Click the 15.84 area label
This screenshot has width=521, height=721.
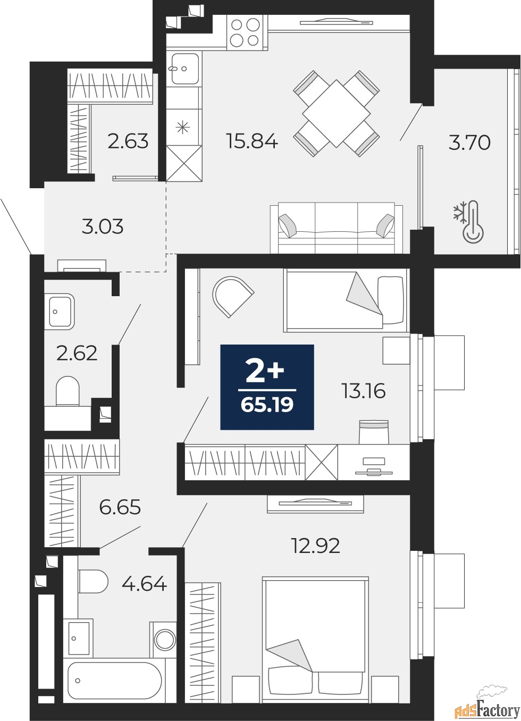(x=252, y=141)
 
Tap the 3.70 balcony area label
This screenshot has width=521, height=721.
(x=469, y=142)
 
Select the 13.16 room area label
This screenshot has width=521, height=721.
(x=364, y=391)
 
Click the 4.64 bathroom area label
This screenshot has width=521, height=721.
(x=144, y=584)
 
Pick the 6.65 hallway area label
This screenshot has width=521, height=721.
(x=120, y=507)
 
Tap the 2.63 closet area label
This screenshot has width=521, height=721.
(x=128, y=141)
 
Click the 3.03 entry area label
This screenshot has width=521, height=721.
(x=102, y=227)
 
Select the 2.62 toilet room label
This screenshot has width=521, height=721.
(x=77, y=353)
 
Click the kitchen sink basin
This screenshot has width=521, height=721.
(x=184, y=69)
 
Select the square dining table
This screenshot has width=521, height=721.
(x=337, y=113)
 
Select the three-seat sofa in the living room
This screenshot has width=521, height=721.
(x=337, y=228)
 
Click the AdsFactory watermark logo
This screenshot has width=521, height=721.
(x=488, y=708)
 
